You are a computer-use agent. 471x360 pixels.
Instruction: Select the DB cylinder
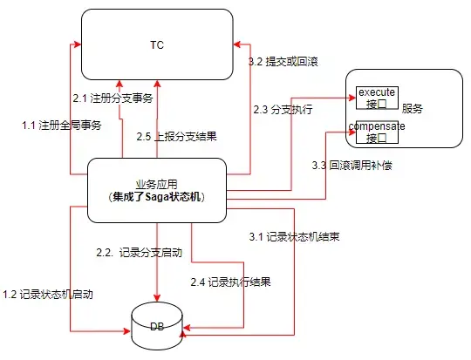click(157, 325)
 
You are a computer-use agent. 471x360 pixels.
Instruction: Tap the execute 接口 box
click(377, 97)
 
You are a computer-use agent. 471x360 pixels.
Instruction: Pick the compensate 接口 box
click(377, 132)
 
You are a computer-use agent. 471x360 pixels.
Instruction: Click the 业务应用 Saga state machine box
click(157, 191)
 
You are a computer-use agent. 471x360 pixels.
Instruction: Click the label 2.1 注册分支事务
click(113, 98)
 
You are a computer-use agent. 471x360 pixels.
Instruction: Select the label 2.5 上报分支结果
click(176, 136)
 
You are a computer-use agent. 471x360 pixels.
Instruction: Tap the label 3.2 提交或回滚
click(283, 62)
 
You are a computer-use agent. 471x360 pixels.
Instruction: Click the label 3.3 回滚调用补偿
click(352, 164)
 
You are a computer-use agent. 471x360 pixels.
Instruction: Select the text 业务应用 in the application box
click(154, 184)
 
